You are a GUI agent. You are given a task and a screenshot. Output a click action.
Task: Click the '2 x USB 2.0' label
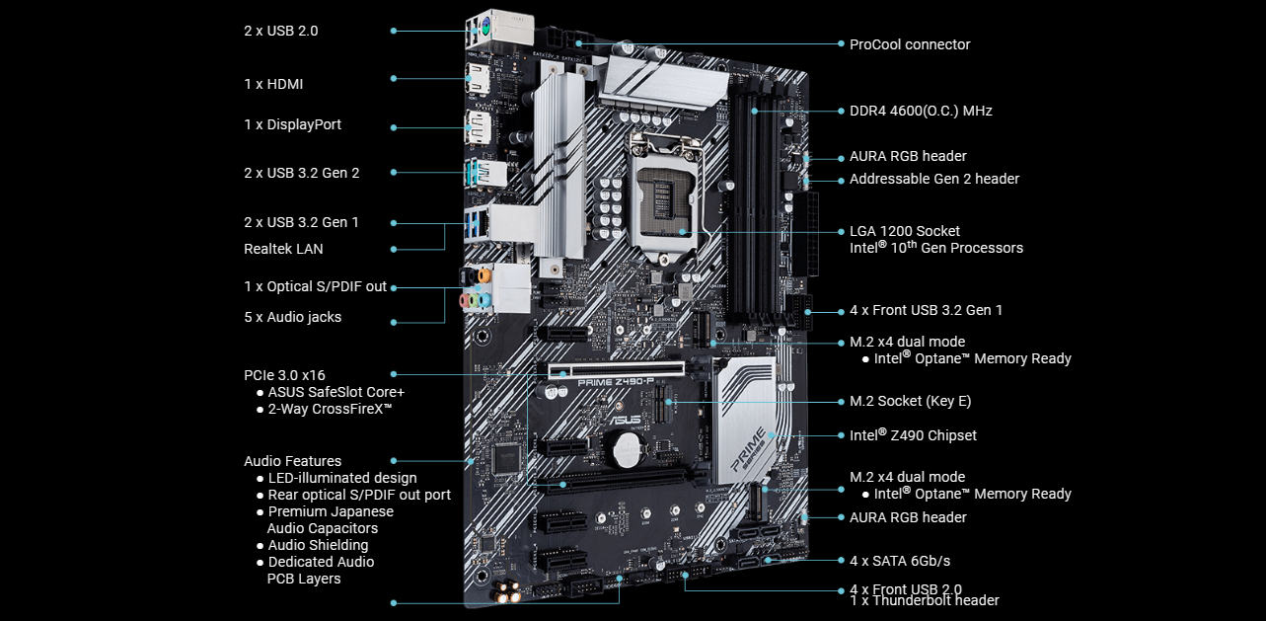(x=280, y=31)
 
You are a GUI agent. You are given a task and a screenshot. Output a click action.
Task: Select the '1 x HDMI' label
(x=273, y=84)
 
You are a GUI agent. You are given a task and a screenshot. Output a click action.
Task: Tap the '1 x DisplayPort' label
(x=292, y=124)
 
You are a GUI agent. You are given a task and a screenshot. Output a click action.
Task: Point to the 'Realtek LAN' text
(x=283, y=249)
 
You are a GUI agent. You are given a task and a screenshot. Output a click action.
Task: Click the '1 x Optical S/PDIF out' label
(x=315, y=286)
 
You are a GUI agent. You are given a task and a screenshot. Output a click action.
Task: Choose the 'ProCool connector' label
(x=909, y=44)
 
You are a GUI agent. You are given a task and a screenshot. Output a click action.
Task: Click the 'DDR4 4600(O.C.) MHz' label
(x=921, y=111)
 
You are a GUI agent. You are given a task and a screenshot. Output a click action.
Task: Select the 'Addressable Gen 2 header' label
(x=933, y=179)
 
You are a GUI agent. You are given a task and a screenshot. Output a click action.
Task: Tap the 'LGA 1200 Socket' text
(x=904, y=231)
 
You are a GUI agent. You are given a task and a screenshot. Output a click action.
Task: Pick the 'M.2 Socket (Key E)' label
(x=910, y=401)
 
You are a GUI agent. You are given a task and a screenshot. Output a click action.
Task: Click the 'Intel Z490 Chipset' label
(x=913, y=435)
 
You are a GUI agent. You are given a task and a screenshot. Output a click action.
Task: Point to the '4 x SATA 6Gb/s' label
(x=899, y=561)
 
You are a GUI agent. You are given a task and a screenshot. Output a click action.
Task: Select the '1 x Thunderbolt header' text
(x=924, y=600)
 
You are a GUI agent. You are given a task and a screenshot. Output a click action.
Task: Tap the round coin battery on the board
(x=625, y=452)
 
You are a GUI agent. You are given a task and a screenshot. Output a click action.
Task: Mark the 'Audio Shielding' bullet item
(x=318, y=545)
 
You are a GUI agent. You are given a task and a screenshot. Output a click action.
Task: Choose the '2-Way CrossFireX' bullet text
(x=330, y=408)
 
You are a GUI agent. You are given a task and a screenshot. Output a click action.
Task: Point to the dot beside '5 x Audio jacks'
(x=394, y=321)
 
